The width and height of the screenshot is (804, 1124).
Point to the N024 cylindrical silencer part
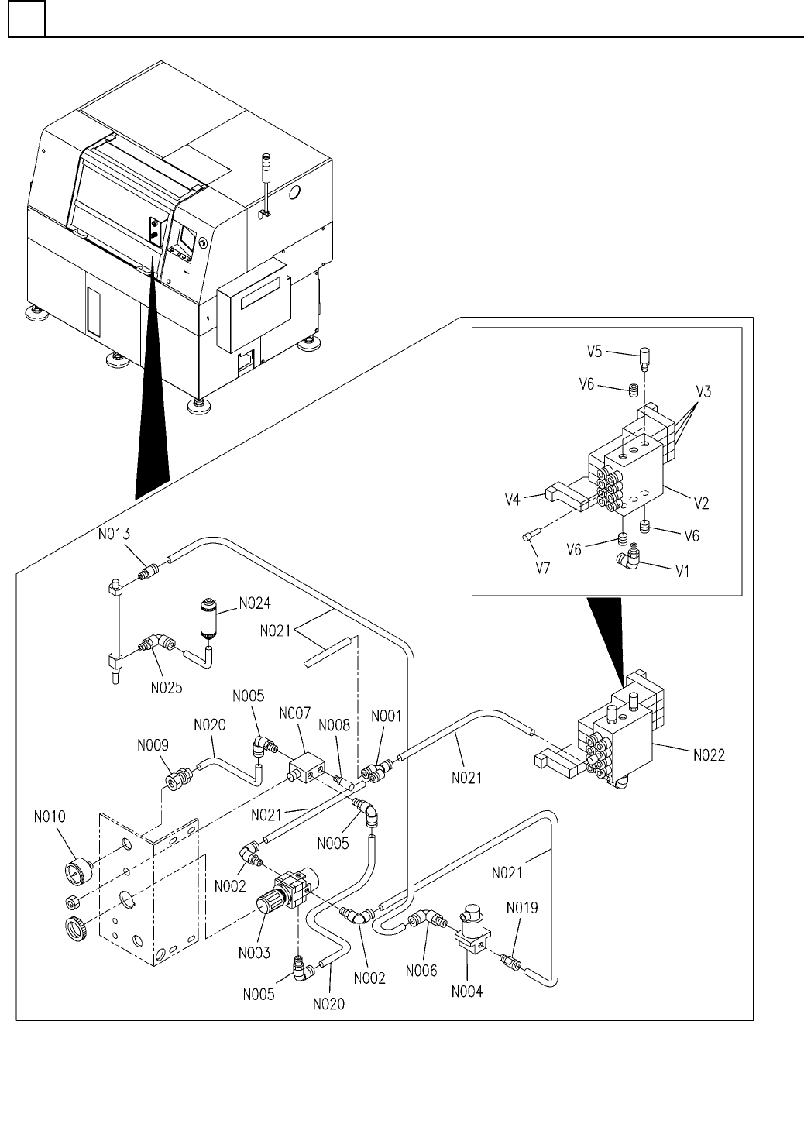click(208, 616)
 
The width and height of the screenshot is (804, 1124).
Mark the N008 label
click(335, 726)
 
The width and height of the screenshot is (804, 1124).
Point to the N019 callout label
click(522, 906)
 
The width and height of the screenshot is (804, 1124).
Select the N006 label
click(421, 970)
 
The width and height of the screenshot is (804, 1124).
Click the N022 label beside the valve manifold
click(706, 756)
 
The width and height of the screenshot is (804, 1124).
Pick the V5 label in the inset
click(594, 352)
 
